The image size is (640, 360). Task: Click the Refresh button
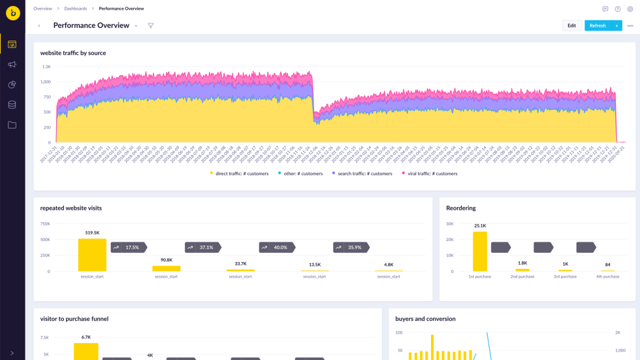[x=597, y=25]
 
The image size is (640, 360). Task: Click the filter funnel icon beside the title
[x=151, y=25]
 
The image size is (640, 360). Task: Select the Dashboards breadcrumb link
[x=75, y=8]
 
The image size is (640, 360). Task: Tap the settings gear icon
[x=630, y=9]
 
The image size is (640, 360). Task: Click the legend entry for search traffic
[x=362, y=174]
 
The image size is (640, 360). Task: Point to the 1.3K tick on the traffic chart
[x=46, y=67]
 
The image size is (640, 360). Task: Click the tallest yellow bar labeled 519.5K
[x=92, y=255]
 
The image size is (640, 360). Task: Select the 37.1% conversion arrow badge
[x=202, y=248]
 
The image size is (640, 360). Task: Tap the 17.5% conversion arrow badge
[x=128, y=248]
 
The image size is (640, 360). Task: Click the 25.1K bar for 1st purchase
[x=480, y=252]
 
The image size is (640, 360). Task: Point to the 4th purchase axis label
[x=607, y=276]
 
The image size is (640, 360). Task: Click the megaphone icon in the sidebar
[x=12, y=65]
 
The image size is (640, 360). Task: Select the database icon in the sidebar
[x=12, y=105]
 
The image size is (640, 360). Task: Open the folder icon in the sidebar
[x=12, y=125]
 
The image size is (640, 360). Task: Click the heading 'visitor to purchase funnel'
[x=74, y=319]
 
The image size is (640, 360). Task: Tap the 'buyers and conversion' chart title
[x=425, y=319]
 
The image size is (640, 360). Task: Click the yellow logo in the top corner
[x=12, y=12]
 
